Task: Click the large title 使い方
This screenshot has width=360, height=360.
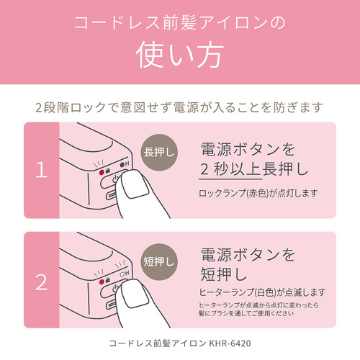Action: [180, 55]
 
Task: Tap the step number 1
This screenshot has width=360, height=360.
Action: [41, 170]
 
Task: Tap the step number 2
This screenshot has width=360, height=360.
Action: [41, 282]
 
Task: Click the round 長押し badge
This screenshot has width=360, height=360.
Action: [159, 153]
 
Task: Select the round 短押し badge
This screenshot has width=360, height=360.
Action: [159, 262]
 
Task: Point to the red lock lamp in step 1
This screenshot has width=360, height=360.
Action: [102, 172]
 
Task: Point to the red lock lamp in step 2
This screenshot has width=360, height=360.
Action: [102, 282]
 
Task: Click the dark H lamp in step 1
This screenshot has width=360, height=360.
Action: [122, 165]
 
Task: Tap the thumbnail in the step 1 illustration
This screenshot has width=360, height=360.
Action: [135, 186]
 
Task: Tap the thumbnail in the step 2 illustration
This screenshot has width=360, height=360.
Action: [135, 294]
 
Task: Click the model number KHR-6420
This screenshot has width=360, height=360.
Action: [230, 343]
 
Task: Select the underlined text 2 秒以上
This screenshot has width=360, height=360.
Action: [230, 169]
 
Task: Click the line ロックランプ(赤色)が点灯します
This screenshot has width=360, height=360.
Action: [258, 193]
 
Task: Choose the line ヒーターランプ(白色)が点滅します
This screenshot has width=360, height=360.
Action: [262, 292]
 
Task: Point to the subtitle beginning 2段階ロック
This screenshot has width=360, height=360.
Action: [179, 107]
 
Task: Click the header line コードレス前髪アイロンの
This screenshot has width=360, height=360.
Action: [180, 23]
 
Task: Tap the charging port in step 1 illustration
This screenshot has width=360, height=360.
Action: [112, 196]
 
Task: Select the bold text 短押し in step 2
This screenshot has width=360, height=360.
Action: [224, 274]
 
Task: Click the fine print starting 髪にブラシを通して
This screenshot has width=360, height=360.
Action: [246, 313]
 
